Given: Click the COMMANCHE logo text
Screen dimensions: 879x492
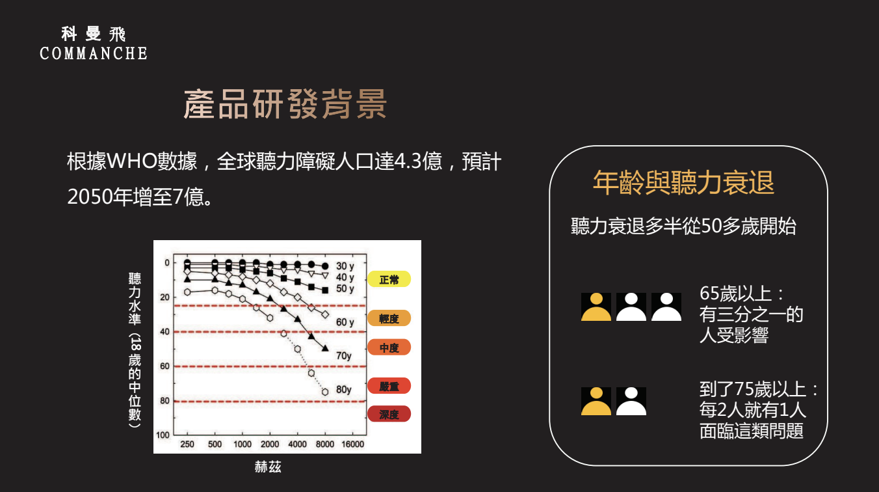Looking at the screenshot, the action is coord(94,53).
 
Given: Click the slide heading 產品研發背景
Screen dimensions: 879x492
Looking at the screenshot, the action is coord(285,104).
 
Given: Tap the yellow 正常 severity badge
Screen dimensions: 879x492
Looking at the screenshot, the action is coord(389,279).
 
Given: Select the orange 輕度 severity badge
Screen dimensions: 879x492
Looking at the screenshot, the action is coord(389,318).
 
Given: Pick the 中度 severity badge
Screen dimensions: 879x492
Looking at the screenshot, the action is coord(389,348).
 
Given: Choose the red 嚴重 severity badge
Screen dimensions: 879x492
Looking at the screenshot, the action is coord(389,386).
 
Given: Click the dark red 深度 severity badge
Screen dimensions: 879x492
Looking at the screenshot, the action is coord(389,415).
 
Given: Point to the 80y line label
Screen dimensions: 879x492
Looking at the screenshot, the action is coord(343,390).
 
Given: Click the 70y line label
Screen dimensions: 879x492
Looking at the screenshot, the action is coord(343,356).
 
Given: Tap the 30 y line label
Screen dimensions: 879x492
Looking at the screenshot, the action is coord(345,266).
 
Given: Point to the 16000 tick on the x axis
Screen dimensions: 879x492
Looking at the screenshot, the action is coord(352,444).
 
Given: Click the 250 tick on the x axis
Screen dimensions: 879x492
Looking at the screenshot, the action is coord(187,444).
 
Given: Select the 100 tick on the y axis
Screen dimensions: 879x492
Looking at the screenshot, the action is coord(163,435).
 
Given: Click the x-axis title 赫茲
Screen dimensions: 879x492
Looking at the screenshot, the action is coord(268,467).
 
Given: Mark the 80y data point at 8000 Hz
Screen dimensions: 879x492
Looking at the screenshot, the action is coord(325,392).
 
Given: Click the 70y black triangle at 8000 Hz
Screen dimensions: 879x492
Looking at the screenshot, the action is coord(325,348).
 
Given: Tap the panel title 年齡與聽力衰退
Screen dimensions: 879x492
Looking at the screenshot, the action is coord(683,183).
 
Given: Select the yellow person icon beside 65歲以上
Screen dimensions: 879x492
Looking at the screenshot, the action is coord(596,307).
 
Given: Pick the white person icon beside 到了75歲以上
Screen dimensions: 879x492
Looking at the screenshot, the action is coord(631,402).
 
